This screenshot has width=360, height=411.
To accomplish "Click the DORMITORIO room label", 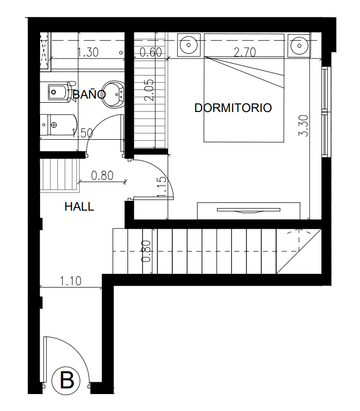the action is (233, 108).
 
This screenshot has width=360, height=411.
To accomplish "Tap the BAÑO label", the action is (89, 94).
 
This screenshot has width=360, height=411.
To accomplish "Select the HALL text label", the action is (79, 207).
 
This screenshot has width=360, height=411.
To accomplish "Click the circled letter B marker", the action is (66, 381).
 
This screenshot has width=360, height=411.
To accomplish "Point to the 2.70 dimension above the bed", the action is (245, 52).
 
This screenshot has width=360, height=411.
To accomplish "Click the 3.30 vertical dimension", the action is (303, 126).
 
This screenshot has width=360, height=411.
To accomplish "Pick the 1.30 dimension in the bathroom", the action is (88, 52).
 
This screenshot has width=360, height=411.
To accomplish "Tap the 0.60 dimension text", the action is (150, 52).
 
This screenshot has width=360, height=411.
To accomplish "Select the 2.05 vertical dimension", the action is (149, 90).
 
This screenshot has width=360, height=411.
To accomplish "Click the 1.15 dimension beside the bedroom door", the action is (161, 187).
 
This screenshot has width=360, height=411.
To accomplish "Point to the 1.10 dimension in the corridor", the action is (70, 281).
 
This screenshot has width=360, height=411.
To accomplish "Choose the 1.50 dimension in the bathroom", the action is (82, 133).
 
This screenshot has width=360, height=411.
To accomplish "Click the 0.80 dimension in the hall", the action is (102, 176).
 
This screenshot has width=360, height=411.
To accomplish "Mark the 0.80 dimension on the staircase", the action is (146, 251).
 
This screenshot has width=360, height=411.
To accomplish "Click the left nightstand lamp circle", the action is (189, 45).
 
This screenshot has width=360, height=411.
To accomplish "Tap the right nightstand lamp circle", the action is (299, 46).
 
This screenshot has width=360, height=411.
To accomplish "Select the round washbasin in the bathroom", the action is (113, 95).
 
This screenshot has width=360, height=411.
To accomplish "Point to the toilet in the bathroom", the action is (59, 125).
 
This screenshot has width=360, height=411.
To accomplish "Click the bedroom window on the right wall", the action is (325, 112).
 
